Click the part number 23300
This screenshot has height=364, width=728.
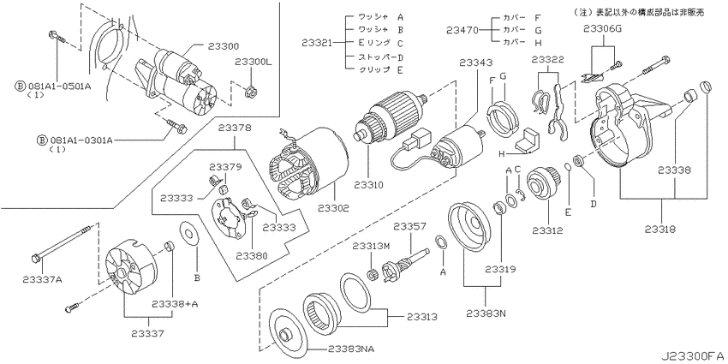[x=224, y=46]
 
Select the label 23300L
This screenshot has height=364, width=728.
[x=253, y=63]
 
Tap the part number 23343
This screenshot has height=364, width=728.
[x=476, y=63]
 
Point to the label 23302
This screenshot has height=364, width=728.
[x=334, y=208]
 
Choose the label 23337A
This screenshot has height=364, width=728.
[x=42, y=279]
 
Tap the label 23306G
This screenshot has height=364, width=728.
[x=603, y=30]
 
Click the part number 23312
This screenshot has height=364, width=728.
[x=548, y=230]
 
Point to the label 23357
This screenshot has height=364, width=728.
[x=410, y=226]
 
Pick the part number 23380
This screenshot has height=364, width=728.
[x=252, y=256]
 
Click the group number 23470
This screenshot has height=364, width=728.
[x=462, y=30]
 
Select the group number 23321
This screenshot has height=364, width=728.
[x=318, y=43]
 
